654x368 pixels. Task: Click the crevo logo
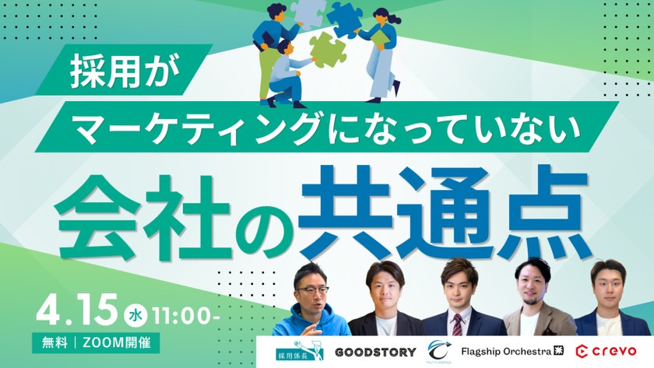[607, 352]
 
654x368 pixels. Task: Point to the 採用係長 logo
[294, 352]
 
